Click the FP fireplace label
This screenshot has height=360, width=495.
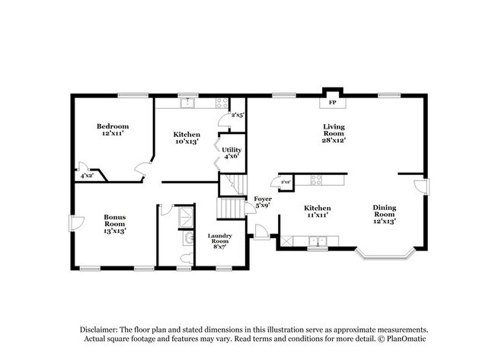(332, 103)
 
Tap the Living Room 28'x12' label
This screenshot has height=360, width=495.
(334, 133)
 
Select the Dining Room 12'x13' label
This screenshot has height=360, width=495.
(385, 214)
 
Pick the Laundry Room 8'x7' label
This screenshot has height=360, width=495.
(220, 241)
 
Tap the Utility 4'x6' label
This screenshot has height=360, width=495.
(232, 153)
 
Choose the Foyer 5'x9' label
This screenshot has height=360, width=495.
(263, 202)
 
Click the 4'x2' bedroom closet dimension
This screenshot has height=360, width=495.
(88, 176)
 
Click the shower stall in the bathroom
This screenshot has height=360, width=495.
(186, 218)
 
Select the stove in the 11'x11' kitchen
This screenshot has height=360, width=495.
(315, 180)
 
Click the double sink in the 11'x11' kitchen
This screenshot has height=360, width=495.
(318, 242)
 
